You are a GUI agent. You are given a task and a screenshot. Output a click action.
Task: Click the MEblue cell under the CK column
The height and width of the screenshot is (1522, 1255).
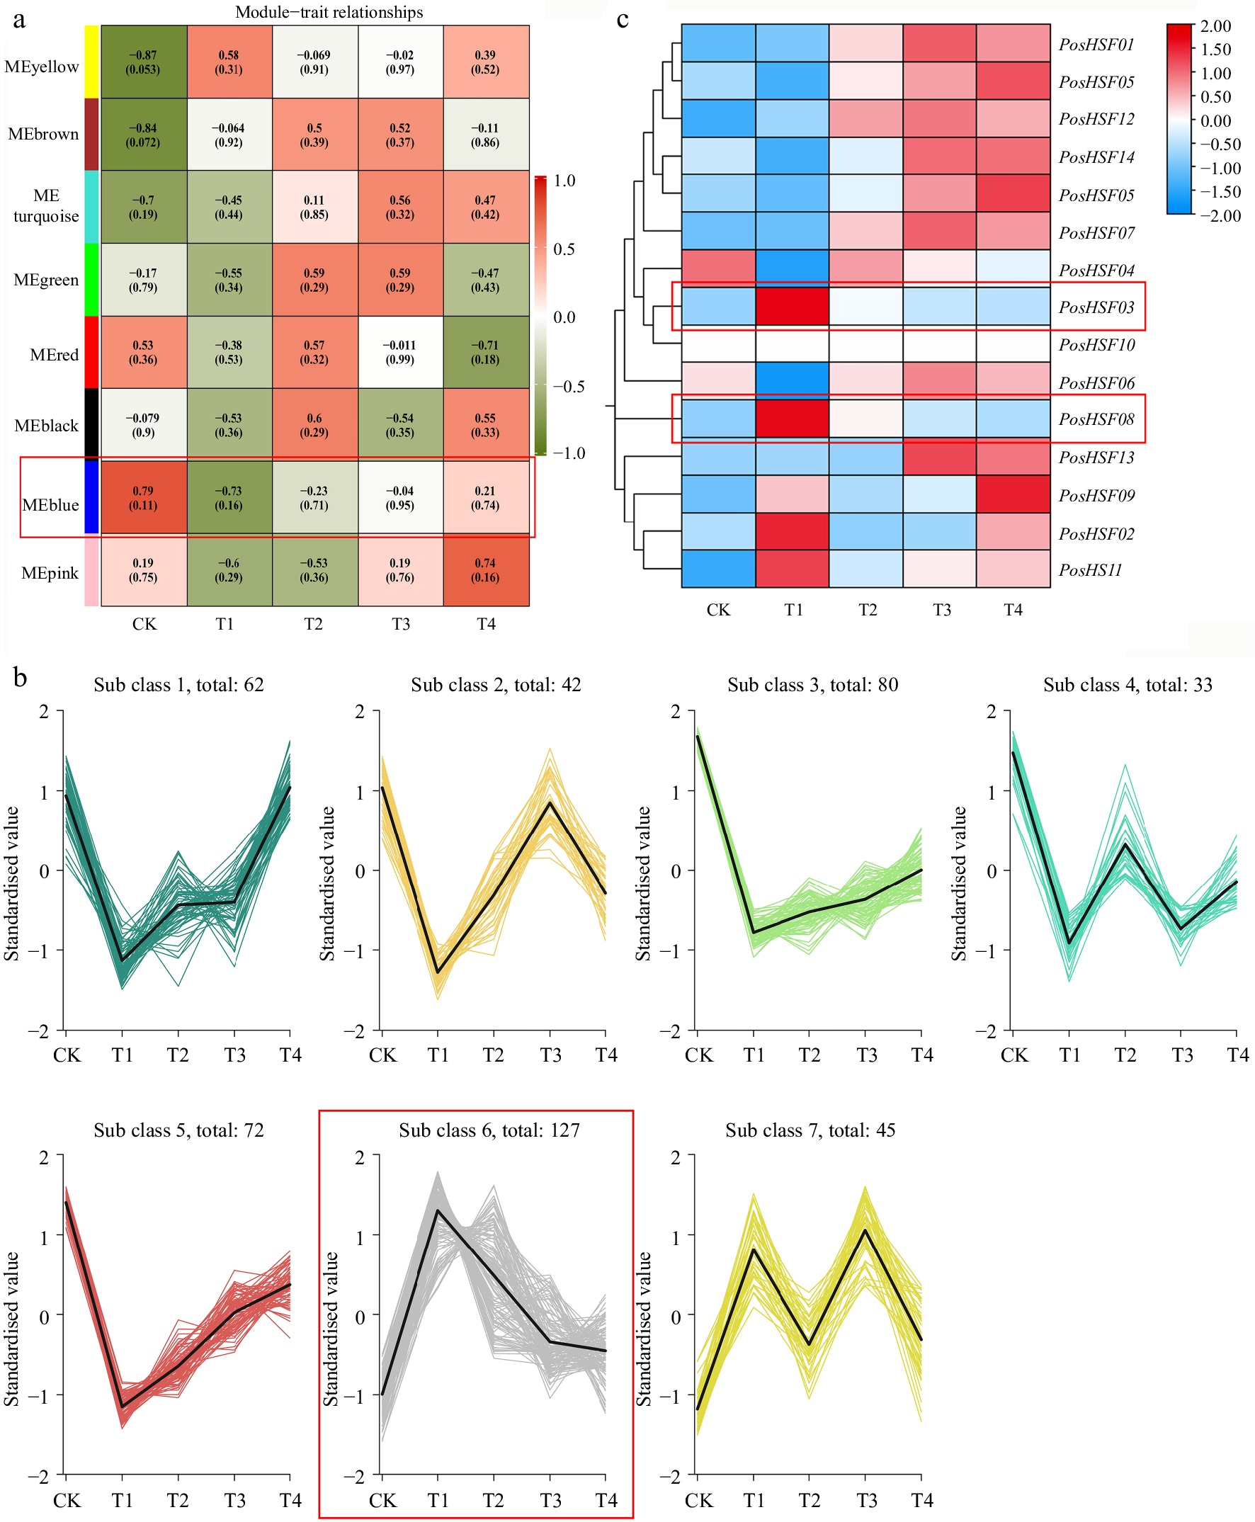pos(143,497)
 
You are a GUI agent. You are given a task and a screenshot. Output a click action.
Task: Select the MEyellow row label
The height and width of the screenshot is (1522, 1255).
pos(42,67)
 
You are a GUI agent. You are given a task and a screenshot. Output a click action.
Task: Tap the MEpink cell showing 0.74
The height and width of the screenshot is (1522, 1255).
pos(485,569)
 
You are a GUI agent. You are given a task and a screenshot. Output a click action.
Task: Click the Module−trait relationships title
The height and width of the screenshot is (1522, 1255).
pos(329,12)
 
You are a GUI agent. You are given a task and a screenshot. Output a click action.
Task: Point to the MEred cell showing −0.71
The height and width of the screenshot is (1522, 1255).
pos(485,352)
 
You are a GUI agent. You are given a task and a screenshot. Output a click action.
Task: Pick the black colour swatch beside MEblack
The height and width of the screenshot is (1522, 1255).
pos(91,424)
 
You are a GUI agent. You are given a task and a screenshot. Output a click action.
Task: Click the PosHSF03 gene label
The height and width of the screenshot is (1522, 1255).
pos(1096,307)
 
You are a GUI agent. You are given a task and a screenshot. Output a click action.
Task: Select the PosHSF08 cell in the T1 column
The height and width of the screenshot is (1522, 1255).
pos(793,419)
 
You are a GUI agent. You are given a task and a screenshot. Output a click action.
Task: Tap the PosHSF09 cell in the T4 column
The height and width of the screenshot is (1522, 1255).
pos(1013,494)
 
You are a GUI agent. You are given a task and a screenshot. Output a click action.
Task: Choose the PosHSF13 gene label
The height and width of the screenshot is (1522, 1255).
pos(1096,457)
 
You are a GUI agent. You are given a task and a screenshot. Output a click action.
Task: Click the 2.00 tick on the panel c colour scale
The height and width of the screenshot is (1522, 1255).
pos(1215,26)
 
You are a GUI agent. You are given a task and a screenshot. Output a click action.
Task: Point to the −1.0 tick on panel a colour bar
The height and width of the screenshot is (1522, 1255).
pos(569,453)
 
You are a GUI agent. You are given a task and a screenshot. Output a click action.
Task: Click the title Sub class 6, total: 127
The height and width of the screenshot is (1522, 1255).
pos(489,1130)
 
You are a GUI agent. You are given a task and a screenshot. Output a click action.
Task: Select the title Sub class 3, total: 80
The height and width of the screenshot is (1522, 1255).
pos(812,685)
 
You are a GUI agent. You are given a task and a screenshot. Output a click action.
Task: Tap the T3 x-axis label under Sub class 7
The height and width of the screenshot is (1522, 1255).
pos(866,1501)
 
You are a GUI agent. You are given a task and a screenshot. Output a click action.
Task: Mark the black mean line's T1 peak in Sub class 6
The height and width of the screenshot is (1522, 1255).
pos(438,1210)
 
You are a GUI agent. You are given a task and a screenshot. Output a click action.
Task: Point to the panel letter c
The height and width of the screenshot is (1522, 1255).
pos(623,20)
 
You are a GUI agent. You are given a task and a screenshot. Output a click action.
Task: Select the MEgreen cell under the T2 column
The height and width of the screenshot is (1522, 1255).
pos(314,280)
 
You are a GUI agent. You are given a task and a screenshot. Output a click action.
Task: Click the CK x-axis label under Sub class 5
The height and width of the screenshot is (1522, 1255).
pos(67,1501)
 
